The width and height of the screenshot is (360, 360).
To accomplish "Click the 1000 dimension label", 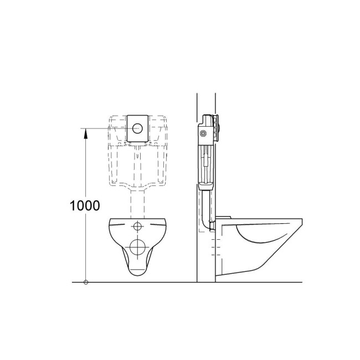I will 85,205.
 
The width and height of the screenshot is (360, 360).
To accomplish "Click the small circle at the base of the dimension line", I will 85,282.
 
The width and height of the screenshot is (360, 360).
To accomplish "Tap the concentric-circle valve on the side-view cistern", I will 205,133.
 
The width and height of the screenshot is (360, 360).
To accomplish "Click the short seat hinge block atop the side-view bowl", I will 224,217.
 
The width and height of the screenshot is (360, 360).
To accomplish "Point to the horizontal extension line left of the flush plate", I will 105,128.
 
